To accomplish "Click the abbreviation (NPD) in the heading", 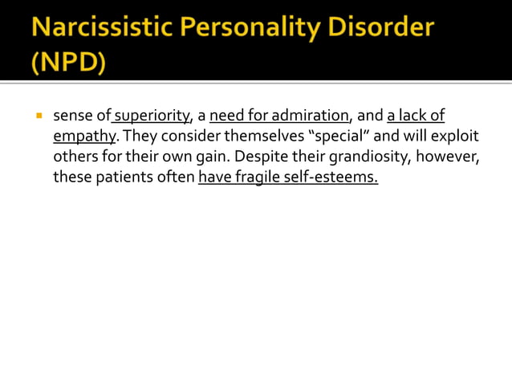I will (69, 63).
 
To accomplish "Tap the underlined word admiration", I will (308, 116).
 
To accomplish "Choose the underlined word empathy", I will (84, 136).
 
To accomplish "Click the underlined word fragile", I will (258, 176).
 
